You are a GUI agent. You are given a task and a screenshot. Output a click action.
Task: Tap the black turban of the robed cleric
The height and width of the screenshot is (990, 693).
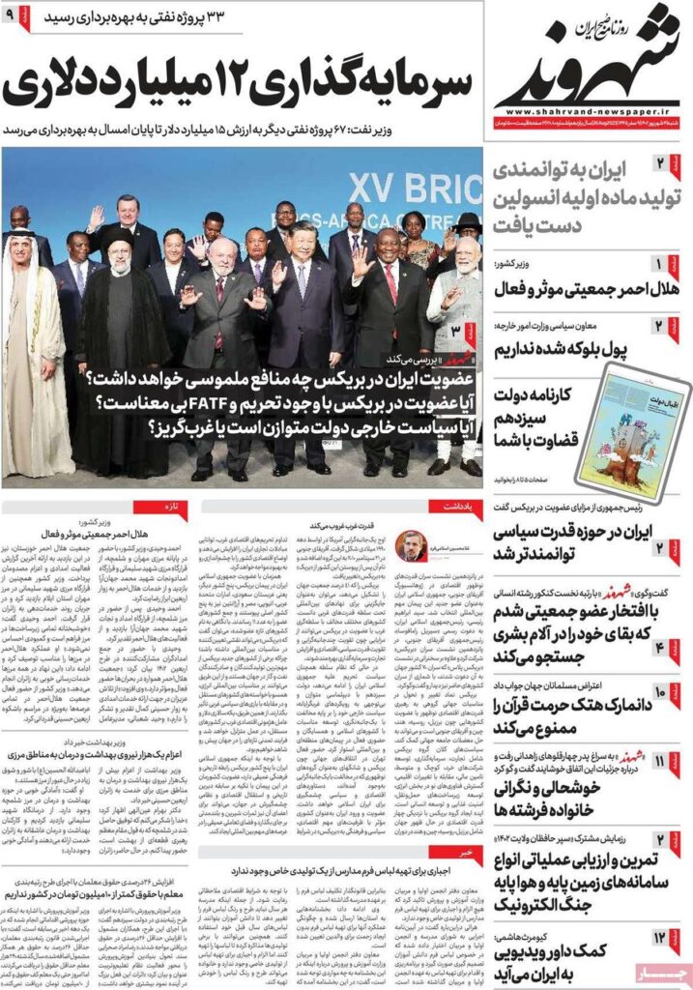click(119, 238)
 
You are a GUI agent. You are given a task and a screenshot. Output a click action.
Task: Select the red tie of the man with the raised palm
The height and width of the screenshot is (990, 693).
click(391, 281)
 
